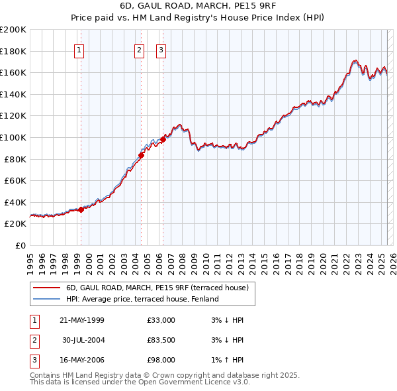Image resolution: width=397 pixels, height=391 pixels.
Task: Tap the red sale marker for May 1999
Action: pos(81,209)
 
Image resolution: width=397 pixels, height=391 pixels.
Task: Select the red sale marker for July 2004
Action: pos(142,156)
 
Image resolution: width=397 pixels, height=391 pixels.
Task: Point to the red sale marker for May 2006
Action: pos(163,140)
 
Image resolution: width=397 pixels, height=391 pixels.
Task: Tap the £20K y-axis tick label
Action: pos(15,224)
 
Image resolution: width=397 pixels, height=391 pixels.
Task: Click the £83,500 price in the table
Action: pos(161,340)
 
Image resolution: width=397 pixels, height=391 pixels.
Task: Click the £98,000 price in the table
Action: pos(161,360)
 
